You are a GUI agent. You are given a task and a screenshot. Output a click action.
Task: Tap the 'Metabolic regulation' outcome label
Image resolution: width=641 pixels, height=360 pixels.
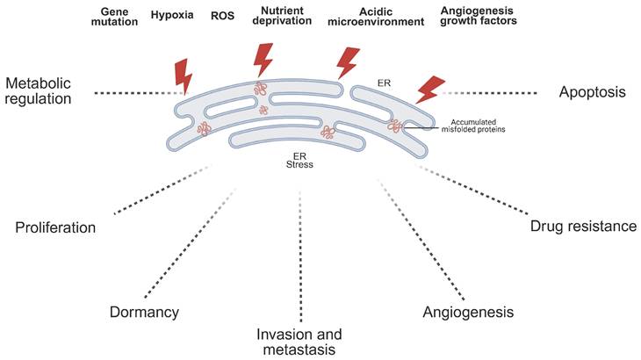click(40, 90)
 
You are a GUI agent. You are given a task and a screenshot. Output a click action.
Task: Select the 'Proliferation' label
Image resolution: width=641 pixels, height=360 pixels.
click(55, 227)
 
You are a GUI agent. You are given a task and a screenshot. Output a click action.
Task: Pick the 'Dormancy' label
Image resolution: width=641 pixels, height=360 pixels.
click(145, 312)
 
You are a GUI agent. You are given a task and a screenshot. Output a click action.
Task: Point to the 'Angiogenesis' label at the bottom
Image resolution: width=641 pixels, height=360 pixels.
click(467, 312)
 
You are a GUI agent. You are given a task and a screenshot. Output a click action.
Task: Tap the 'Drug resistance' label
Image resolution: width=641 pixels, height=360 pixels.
click(583, 227)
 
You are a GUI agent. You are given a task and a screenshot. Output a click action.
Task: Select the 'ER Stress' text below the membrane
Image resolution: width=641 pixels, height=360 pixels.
click(299, 159)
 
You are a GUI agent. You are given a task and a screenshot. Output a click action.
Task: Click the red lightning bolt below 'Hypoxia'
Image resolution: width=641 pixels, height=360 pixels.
click(184, 75)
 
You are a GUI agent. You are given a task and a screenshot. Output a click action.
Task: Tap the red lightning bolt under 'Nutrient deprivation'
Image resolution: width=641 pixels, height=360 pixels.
click(263, 60)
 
